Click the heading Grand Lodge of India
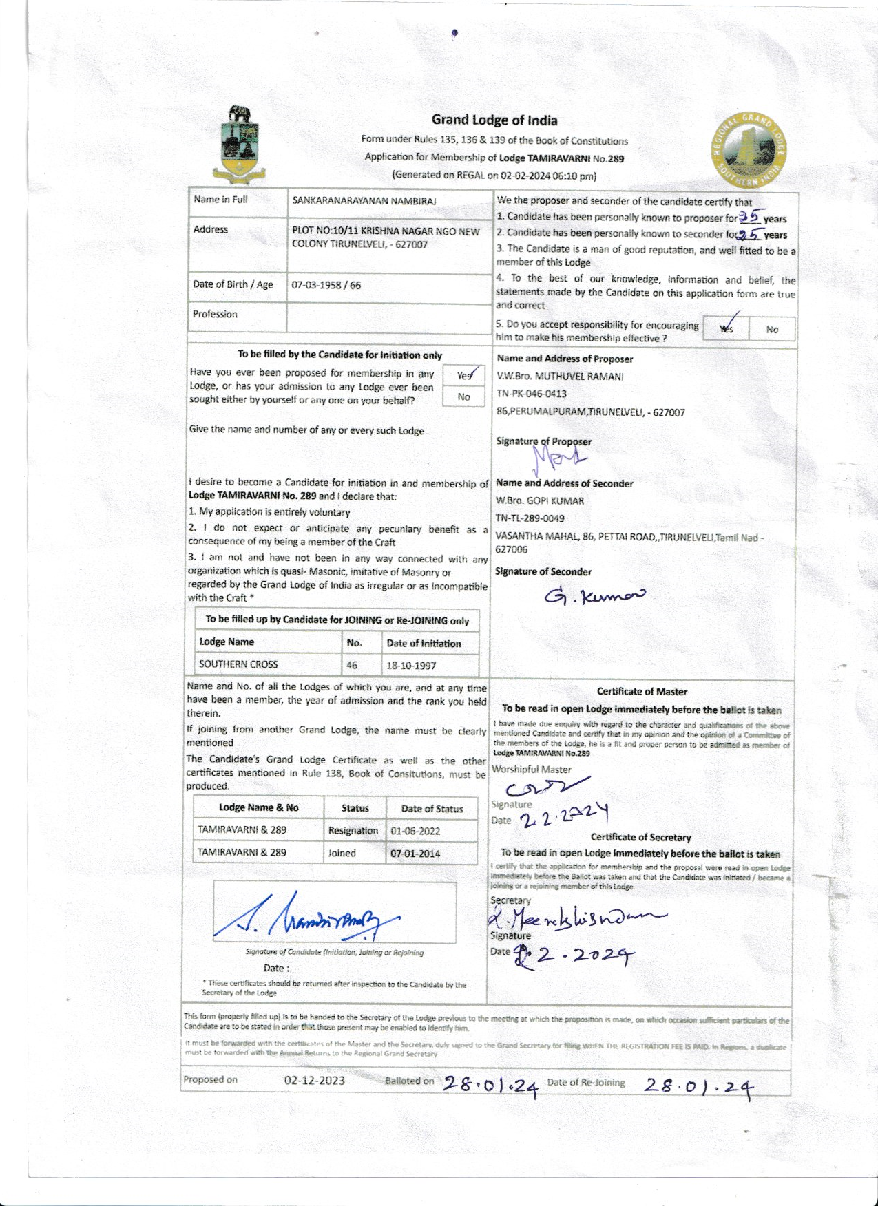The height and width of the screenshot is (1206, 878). pos(494,120)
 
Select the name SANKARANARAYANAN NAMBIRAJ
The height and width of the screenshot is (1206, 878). pos(364,201)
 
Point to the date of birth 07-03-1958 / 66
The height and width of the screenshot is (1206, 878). pos(326,285)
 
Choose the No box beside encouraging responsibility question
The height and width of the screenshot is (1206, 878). pos(772,330)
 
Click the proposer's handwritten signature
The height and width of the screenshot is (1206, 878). pos(561,456)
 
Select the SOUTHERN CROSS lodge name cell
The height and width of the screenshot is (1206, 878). pos(238,664)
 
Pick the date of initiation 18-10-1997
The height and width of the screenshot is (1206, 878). pos(411,666)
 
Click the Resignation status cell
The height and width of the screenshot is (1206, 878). pos(353,831)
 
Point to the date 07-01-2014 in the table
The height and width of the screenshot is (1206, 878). pos(415,854)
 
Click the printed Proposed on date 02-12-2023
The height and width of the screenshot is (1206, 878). pos(315,1080)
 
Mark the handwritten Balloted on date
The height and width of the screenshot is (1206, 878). pos(490,1084)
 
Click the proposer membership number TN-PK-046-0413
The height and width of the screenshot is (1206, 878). pos(532,394)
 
